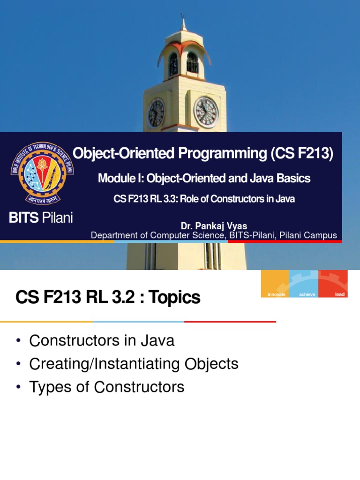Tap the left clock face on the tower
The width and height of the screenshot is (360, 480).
[x=156, y=113]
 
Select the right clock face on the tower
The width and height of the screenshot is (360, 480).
[x=206, y=112]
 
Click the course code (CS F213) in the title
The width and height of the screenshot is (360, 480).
[x=302, y=153]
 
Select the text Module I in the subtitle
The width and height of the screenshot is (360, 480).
[x=118, y=178]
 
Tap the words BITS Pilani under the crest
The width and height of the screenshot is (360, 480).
[x=41, y=217]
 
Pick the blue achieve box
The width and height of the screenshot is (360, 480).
[x=304, y=284]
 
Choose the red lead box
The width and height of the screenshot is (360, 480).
[x=333, y=284]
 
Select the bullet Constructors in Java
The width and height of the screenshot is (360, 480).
[x=102, y=341]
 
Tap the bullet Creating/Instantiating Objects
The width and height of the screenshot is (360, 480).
[x=134, y=364]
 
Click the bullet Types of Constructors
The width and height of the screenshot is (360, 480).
[x=106, y=387]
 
